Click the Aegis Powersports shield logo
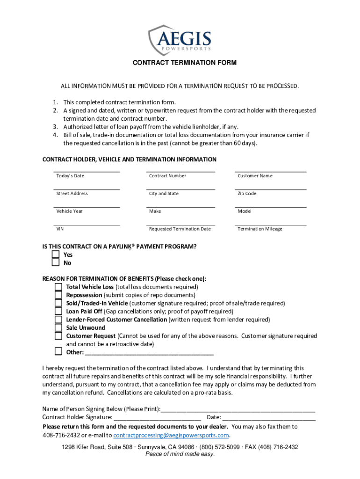(180, 40)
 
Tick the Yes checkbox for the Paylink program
(56, 254)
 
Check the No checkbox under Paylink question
(56, 263)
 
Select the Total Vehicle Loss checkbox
(58, 287)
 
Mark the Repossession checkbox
(58, 295)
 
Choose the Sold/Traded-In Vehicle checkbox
(58, 303)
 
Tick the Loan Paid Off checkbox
(58, 311)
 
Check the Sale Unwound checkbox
(58, 328)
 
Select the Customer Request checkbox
(58, 336)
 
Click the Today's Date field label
(70, 176)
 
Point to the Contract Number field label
(167, 176)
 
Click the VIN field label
(60, 229)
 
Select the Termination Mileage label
(259, 229)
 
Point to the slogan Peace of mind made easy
(180, 455)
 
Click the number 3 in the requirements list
(55, 127)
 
